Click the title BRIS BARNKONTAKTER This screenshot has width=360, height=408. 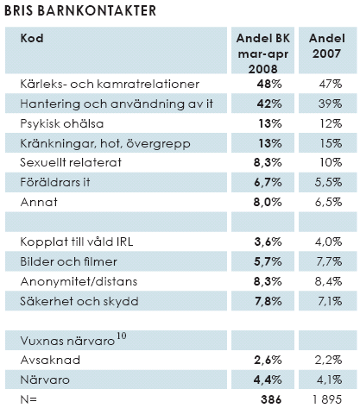pyautogui.click(x=80, y=10)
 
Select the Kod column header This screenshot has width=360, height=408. pyautogui.click(x=32, y=38)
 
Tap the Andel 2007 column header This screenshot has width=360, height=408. pyautogui.click(x=327, y=46)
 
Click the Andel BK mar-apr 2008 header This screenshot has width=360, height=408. pyautogui.click(x=263, y=53)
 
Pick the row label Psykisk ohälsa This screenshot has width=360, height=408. pyautogui.click(x=62, y=123)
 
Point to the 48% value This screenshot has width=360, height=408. pyautogui.click(x=269, y=84)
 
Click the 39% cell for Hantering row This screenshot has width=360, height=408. pyautogui.click(x=330, y=104)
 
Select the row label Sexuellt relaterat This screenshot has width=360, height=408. pyautogui.click(x=71, y=163)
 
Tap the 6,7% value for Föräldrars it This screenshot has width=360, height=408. pyautogui.click(x=268, y=182)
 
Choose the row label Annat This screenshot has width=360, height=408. pyautogui.click(x=39, y=202)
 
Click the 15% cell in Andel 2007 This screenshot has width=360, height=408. pyautogui.click(x=332, y=143)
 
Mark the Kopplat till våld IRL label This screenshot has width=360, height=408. pyautogui.click(x=77, y=242)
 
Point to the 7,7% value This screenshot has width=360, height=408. pyautogui.click(x=329, y=261)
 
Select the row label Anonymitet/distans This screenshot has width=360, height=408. pyautogui.click(x=79, y=281)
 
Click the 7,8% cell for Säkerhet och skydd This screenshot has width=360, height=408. pyautogui.click(x=268, y=301)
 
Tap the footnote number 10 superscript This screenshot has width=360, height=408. pyautogui.click(x=122, y=336)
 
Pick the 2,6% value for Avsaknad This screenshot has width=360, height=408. pyautogui.click(x=268, y=361)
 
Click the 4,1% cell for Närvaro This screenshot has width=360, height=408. pyautogui.click(x=330, y=380)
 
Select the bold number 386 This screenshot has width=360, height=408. pyautogui.click(x=271, y=399)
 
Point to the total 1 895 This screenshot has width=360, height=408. pyautogui.click(x=327, y=399)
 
